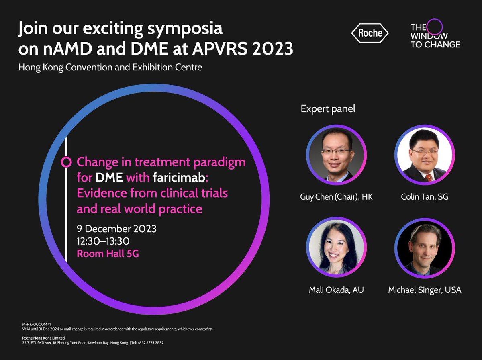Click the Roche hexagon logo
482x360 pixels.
tap(370, 33)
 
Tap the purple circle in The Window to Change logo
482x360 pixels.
tap(434, 27)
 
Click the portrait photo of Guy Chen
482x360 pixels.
tap(336, 155)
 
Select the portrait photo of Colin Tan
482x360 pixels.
tap(425, 155)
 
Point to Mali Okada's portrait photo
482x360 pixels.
tap(336, 248)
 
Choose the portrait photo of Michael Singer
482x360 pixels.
tap(425, 248)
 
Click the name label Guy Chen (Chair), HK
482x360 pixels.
tap(336, 197)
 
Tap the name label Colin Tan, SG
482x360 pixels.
tap(425, 197)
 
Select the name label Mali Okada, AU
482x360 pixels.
tap(336, 290)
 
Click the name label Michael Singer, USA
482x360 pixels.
tap(425, 290)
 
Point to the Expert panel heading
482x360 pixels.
tap(328, 109)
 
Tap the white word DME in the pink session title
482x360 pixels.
tap(109, 178)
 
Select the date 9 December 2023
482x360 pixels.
tap(116, 229)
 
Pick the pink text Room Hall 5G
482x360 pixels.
tap(108, 254)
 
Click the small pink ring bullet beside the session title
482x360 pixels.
tap(66, 162)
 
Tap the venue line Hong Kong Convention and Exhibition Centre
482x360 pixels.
tap(110, 67)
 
